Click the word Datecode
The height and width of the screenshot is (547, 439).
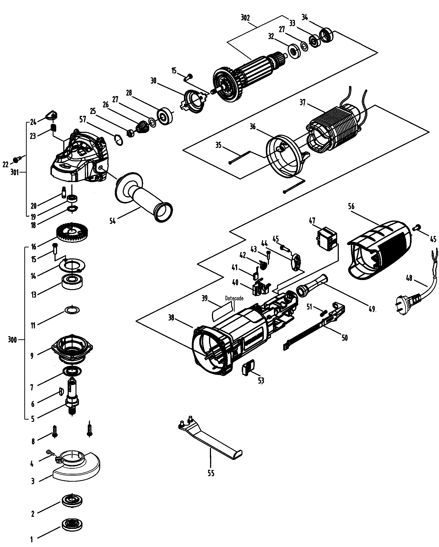click(234, 298)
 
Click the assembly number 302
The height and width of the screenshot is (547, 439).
click(245, 18)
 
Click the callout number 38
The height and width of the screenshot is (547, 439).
click(171, 318)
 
